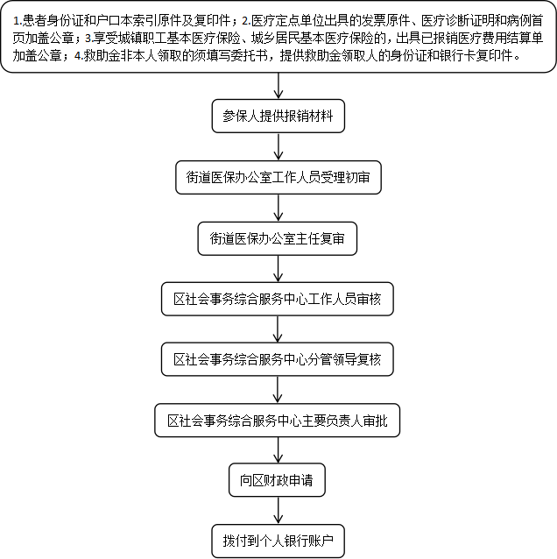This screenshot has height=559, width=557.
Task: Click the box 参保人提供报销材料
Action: [x=278, y=116]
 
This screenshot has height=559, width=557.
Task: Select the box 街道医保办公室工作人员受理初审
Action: [x=278, y=177]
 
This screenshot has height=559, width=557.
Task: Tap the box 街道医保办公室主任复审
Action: [x=278, y=238]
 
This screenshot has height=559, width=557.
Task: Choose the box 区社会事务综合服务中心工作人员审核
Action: [x=278, y=299]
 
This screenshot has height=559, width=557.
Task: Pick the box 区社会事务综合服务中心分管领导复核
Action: [x=278, y=359]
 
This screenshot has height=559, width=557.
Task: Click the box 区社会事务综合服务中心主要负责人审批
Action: [x=278, y=421]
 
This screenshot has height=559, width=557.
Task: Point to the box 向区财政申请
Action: [x=277, y=480]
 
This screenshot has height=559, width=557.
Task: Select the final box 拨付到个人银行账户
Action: [x=278, y=541]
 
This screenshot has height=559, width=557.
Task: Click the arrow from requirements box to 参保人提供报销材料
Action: [x=278, y=86]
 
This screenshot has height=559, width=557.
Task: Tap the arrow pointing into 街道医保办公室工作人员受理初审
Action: [x=278, y=146]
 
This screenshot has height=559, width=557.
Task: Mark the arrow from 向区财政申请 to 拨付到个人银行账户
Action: [x=278, y=511]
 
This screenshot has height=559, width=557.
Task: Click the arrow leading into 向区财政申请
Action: [x=278, y=449]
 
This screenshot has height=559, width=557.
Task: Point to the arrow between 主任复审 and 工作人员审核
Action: [x=278, y=269]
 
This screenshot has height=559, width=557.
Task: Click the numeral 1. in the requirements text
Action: [x=18, y=21]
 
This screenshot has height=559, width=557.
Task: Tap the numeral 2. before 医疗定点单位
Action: [x=246, y=21]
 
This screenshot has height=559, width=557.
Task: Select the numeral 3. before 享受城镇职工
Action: [x=88, y=39]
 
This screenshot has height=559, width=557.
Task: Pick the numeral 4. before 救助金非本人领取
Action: [x=79, y=55]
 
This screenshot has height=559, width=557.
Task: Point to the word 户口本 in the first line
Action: [x=115, y=21]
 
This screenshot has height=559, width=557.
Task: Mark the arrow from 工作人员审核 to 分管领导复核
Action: [x=278, y=329]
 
